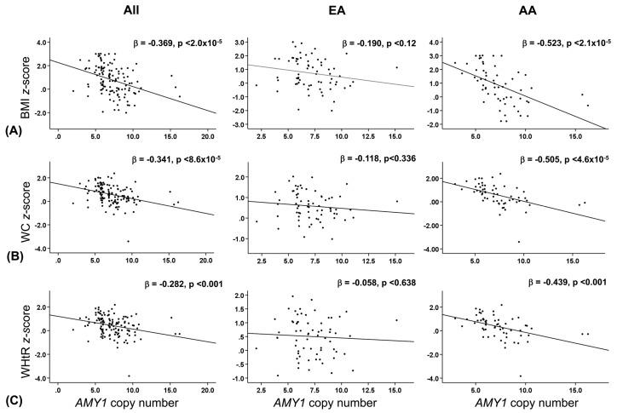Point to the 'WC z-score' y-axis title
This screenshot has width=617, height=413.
[10, 208]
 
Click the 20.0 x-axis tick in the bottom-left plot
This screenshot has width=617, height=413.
[205, 387]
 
